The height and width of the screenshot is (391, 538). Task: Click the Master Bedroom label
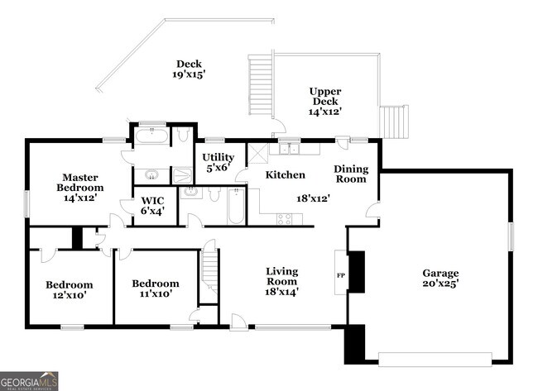(x=79, y=187)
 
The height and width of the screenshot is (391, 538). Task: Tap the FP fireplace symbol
(x=340, y=274)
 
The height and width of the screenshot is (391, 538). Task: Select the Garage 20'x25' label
(x=441, y=279)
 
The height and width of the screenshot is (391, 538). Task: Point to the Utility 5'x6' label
(x=219, y=161)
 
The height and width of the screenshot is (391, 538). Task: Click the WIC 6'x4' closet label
(x=152, y=205)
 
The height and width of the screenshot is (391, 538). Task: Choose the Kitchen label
(x=286, y=174)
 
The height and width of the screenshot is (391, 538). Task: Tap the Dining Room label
(x=351, y=174)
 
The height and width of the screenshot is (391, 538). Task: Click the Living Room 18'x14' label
(x=281, y=281)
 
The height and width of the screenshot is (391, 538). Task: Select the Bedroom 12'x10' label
(x=69, y=289)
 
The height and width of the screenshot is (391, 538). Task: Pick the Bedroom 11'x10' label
(x=156, y=288)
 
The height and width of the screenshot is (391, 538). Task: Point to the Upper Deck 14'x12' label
(x=325, y=101)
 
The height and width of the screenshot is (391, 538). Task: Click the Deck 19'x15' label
(x=189, y=69)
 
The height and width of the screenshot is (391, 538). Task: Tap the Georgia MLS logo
(x=30, y=381)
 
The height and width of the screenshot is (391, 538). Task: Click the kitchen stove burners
(x=285, y=218)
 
